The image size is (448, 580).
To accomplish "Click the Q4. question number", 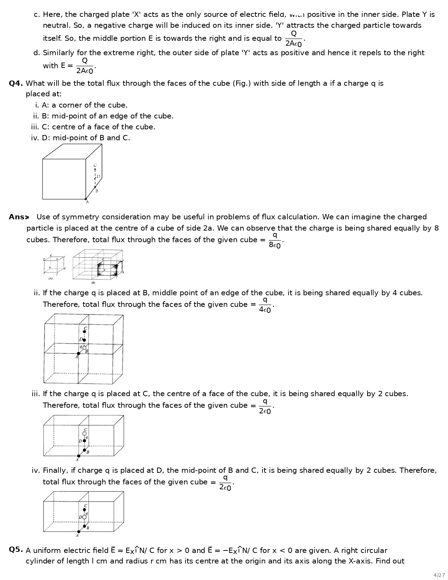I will click(16, 83).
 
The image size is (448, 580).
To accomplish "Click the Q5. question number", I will click(16, 549).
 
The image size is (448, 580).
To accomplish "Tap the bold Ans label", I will click(18, 217).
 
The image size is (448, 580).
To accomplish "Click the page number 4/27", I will click(439, 575).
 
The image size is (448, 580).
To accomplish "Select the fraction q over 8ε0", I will click(275, 240).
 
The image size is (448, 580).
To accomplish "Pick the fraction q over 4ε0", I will click(265, 305).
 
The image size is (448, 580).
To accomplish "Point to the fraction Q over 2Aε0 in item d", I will click(85, 66).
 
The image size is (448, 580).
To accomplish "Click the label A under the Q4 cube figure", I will click(87, 202).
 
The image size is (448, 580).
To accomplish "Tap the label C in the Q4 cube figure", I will click(95, 165).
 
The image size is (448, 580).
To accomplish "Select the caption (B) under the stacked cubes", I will click(93, 282).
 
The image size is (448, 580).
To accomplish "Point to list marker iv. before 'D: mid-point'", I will click(35, 138).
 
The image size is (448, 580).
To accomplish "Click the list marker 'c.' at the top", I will click(37, 14).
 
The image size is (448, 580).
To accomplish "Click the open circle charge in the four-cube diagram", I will click(84, 347).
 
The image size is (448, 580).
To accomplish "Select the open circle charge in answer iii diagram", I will click(84, 433).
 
